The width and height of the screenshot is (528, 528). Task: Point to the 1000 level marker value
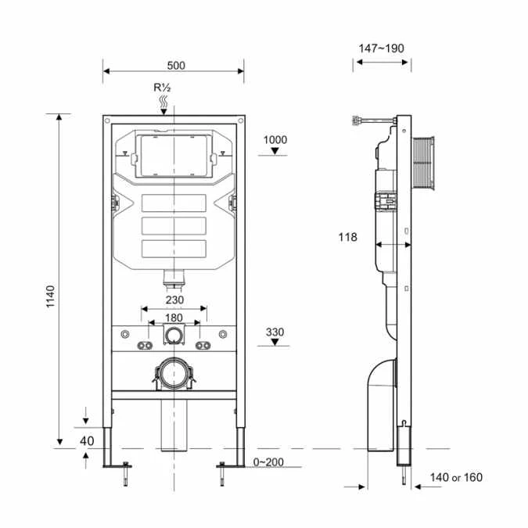(275, 140)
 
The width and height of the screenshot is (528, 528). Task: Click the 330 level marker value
(275, 332)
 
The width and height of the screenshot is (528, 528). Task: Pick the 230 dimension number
(174, 298)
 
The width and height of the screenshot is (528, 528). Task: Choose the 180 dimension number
(174, 318)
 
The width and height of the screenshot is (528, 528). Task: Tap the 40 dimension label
(87, 440)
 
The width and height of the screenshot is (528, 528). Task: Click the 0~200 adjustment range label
(268, 462)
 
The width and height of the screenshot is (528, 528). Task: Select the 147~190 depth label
(382, 48)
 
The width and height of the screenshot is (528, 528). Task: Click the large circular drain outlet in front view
(174, 372)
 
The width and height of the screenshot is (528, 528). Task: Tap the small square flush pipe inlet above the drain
(174, 336)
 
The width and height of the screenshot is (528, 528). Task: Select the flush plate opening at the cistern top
(174, 154)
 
